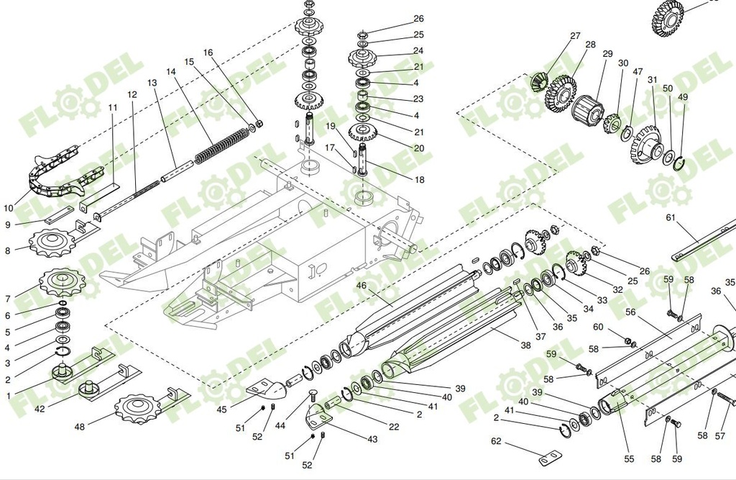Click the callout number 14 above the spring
pos(170,72)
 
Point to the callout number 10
pos(9,208)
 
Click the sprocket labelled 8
pos(52,243)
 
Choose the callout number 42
pos(40,409)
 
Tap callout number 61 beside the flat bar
pos(671,217)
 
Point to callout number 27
pos(575,35)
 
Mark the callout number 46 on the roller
pos(362,286)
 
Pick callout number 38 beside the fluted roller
pos(525,345)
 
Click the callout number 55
pos(629,458)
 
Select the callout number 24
pos(418,51)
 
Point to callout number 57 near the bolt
pos(720,436)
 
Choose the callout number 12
pos(132,94)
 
